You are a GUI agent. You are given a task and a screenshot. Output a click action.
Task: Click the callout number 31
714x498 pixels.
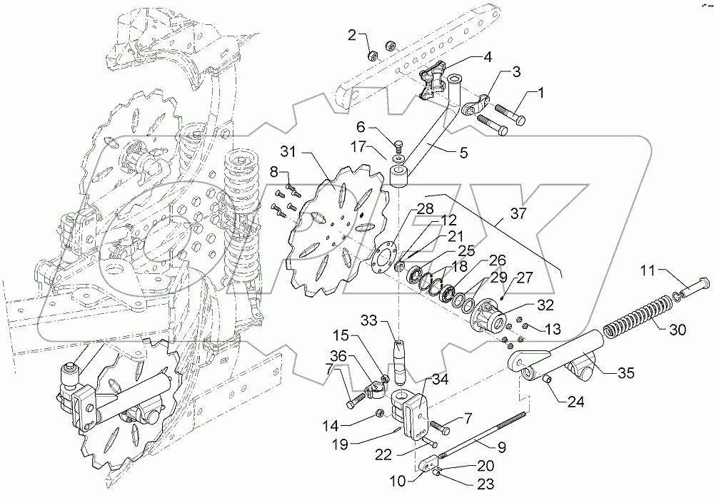pyautogui.click(x=287, y=152)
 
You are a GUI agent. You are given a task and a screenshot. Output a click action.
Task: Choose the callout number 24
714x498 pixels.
pyautogui.click(x=575, y=402)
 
